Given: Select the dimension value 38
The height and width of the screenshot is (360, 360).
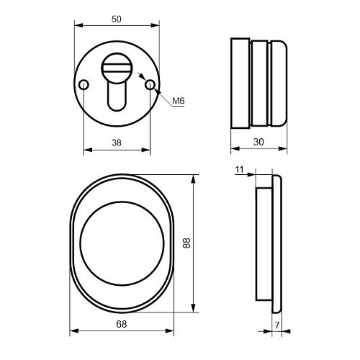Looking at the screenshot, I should pyautogui.click(x=116, y=143).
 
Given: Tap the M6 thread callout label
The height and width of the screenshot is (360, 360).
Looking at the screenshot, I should pyautogui.click(x=179, y=102).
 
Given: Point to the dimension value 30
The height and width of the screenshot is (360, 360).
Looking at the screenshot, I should pyautogui.click(x=258, y=143).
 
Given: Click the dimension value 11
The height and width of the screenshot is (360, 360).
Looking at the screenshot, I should pyautogui.click(x=240, y=170).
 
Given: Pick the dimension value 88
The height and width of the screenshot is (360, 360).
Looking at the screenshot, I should pyautogui.click(x=186, y=245).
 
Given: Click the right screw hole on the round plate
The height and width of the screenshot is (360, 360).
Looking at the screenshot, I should pyautogui.click(x=150, y=86).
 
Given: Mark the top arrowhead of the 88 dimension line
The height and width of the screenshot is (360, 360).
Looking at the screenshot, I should pyautogui.click(x=194, y=178).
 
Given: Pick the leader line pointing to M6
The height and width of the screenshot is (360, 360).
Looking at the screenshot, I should pyautogui.click(x=162, y=96).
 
